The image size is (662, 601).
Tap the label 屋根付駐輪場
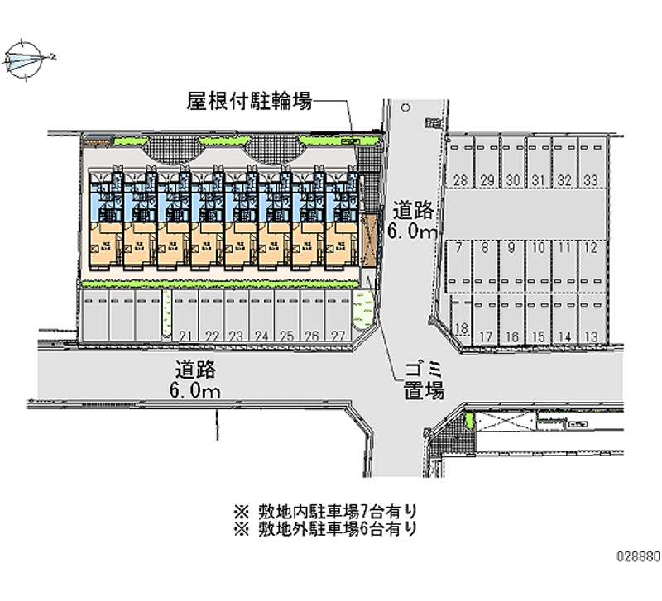point(248,102)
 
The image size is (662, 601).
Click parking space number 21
point(185,335)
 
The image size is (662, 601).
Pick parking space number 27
point(338,335)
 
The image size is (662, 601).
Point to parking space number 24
point(261,335)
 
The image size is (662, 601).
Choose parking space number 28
point(461,181)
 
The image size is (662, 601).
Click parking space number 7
point(459,246)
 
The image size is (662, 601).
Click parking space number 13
point(591,336)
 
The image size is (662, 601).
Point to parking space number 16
point(513,336)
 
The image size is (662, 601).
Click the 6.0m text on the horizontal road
point(196,391)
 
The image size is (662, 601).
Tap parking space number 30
point(513,181)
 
